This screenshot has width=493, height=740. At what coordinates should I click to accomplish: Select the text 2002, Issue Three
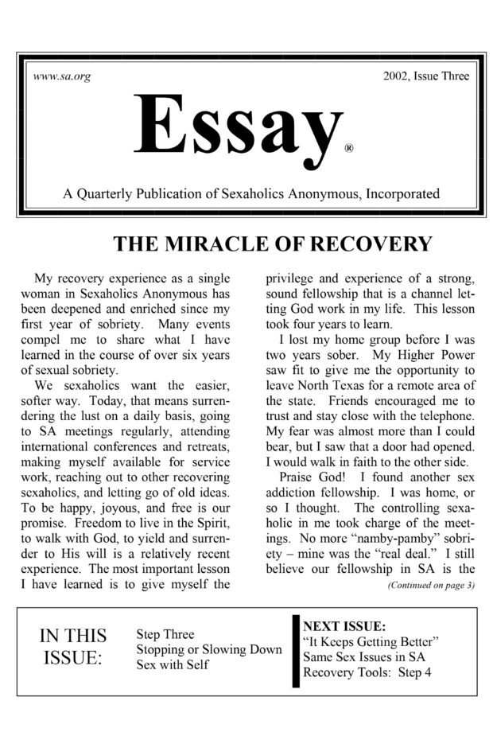point(426,76)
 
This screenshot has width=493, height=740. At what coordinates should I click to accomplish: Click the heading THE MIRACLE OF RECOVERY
point(273,243)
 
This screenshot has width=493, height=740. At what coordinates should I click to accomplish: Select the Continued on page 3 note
point(430,586)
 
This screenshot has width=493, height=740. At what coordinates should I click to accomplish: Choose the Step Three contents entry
point(165,634)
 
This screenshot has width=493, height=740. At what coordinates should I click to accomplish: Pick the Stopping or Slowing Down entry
point(209,649)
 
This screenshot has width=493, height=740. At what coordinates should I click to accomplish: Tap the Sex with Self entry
point(173,664)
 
